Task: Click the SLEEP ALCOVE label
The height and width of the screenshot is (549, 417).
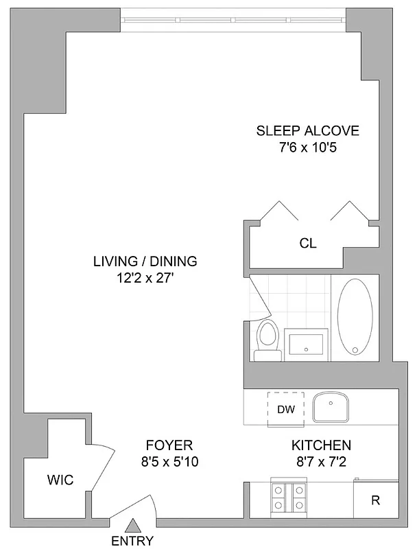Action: coord(307,130)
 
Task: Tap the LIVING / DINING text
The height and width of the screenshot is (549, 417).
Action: coord(145,261)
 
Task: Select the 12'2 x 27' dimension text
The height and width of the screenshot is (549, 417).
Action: coord(145,278)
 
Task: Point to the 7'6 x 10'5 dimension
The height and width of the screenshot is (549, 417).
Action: coord(307,147)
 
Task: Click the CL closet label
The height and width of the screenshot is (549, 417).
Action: coord(307,244)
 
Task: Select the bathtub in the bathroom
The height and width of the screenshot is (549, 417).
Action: coord(355,316)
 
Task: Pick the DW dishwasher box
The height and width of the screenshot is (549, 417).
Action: coord(286,410)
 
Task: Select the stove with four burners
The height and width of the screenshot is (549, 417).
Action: coord(290,497)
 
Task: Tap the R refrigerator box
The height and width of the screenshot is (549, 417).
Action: coord(375,500)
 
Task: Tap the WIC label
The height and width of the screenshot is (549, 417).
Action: coord(60,478)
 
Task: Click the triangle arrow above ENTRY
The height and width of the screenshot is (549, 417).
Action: coord(132,526)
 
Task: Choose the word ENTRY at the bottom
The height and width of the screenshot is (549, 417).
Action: coord(132,540)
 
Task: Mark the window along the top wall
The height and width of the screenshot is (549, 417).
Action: coord(234,19)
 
